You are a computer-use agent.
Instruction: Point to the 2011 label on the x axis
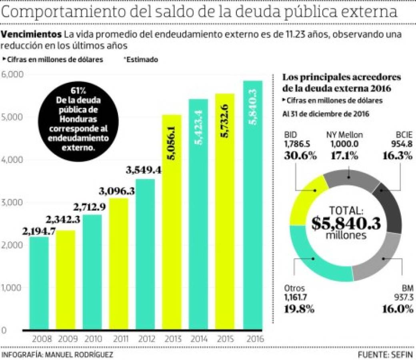pyautogui.click(x=118, y=340)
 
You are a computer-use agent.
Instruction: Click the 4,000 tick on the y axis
pyautogui.click(x=13, y=160)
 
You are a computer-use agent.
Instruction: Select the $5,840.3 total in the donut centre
pyautogui.click(x=346, y=223)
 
